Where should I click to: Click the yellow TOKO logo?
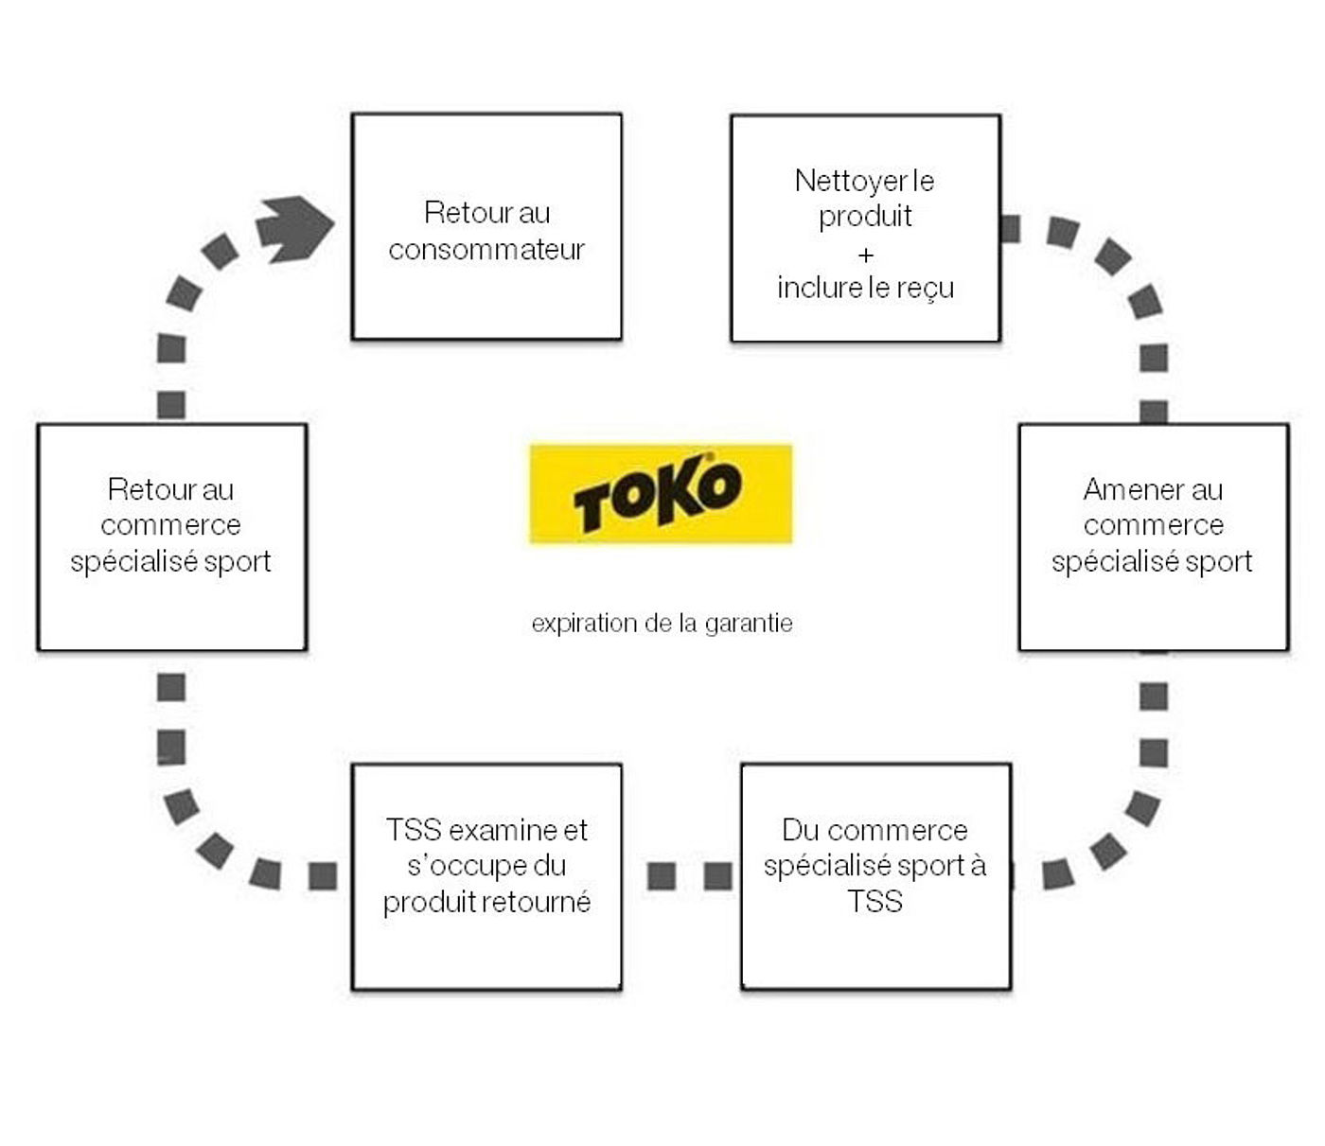[x=661, y=494]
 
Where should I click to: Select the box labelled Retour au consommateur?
[x=486, y=226]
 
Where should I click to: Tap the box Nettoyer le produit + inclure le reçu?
[x=865, y=228]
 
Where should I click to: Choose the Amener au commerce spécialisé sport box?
[x=1153, y=537]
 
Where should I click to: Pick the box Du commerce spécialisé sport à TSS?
[x=875, y=876]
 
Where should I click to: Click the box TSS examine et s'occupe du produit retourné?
[x=486, y=876]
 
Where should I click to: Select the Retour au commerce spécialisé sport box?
[x=171, y=537]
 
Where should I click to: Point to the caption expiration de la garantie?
[x=662, y=623]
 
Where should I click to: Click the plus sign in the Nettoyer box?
[x=865, y=255]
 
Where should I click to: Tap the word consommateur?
[x=486, y=249]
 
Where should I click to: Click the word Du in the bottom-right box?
[x=799, y=830]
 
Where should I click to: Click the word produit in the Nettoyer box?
[x=865, y=217]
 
